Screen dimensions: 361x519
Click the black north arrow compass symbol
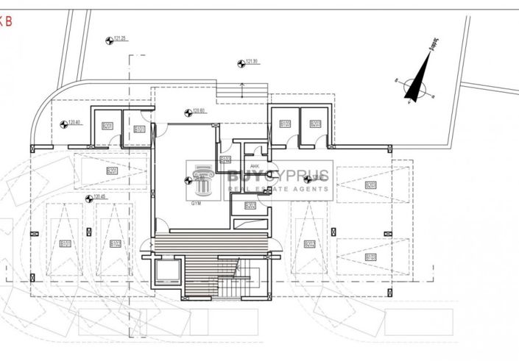click(x=417, y=82)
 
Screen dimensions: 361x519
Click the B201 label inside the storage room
click(x=108, y=127)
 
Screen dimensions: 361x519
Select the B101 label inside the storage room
click(x=139, y=129)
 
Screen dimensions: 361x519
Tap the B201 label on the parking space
click(x=112, y=171)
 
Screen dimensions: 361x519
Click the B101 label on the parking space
click(x=66, y=243)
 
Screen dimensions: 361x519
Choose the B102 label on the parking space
click(x=115, y=243)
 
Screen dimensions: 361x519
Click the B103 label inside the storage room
click(x=285, y=124)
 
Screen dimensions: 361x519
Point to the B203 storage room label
click(x=315, y=124)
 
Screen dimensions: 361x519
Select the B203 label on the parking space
click(x=370, y=186)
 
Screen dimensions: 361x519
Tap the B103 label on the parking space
click(x=370, y=257)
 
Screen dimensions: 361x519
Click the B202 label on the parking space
click(x=310, y=244)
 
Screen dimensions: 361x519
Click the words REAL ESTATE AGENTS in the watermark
click(x=278, y=189)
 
